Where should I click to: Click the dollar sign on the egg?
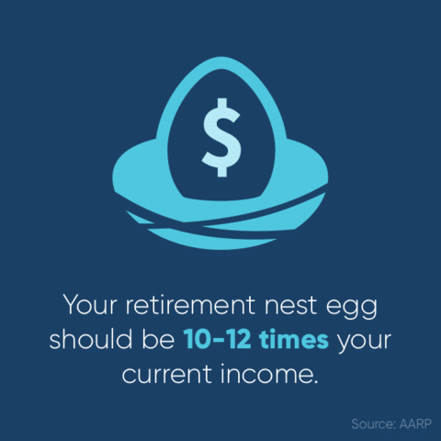pyautogui.click(x=220, y=137)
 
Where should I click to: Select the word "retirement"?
pyautogui.click(x=190, y=305)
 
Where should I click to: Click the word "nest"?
pyautogui.click(x=291, y=306)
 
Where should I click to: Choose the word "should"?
pyautogui.click(x=91, y=339)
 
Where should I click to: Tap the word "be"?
pyautogui.click(x=158, y=339)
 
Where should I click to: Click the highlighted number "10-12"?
pyautogui.click(x=217, y=339)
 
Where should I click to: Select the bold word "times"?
pyautogui.click(x=294, y=339)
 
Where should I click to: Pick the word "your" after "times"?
pyautogui.click(x=364, y=343)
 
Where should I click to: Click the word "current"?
pyautogui.click(x=167, y=374)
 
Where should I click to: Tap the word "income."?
pyautogui.click(x=269, y=373)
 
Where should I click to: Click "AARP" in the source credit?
pyautogui.click(x=415, y=424)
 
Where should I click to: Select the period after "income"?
pyautogui.click(x=315, y=381)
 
